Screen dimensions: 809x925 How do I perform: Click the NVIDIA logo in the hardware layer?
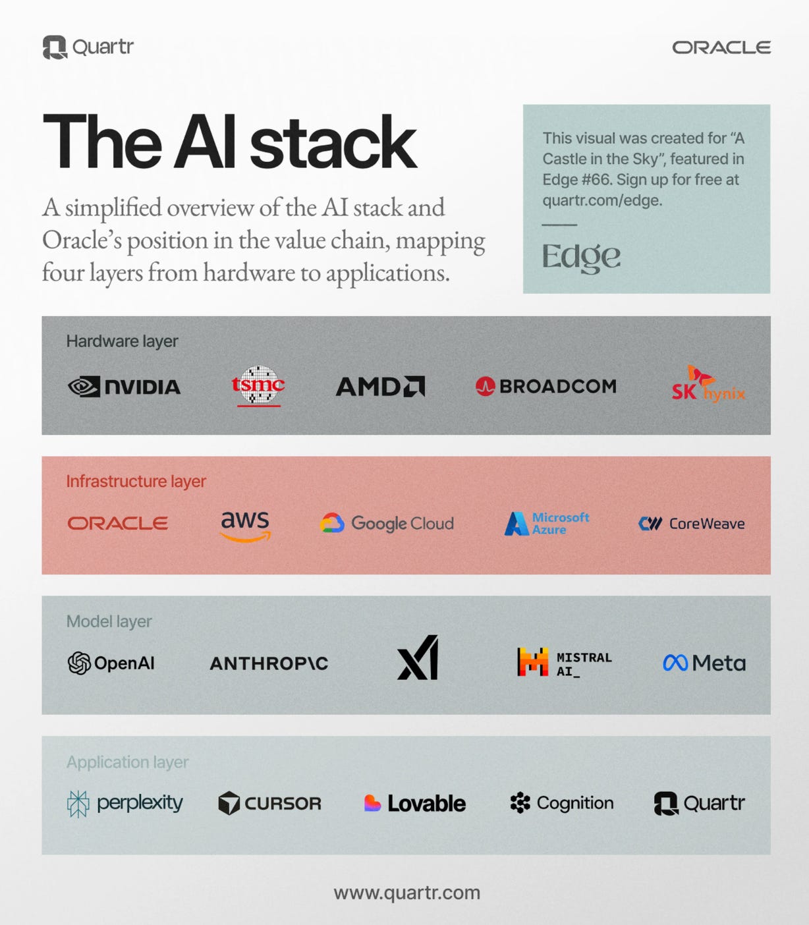pyautogui.click(x=124, y=387)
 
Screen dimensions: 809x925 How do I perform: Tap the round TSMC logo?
pyautogui.click(x=258, y=385)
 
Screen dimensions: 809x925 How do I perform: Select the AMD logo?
pyautogui.click(x=380, y=387)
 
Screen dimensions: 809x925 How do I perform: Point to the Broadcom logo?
pyautogui.click(x=546, y=386)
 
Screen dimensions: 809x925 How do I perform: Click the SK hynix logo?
pyautogui.click(x=708, y=385)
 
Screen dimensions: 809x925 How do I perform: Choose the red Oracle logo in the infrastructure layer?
pyautogui.click(x=118, y=523)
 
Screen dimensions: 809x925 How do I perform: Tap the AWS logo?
pyautogui.click(x=245, y=525)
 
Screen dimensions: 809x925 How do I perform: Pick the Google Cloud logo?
pyautogui.click(x=387, y=523)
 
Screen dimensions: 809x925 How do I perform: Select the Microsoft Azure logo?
pyautogui.click(x=547, y=523)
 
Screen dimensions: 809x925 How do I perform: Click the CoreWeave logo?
pyautogui.click(x=692, y=524)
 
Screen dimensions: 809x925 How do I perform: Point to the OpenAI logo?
pyautogui.click(x=111, y=663)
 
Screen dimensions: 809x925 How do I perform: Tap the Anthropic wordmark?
pyautogui.click(x=269, y=663)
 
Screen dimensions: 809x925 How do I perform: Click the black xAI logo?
pyautogui.click(x=418, y=658)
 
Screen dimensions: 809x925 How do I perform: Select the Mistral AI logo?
pyautogui.click(x=565, y=663)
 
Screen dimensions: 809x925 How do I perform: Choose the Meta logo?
pyautogui.click(x=704, y=663)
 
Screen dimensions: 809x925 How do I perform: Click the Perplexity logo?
pyautogui.click(x=125, y=803)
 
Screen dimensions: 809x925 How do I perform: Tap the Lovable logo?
pyautogui.click(x=415, y=803)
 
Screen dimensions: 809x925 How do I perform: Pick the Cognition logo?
pyautogui.click(x=562, y=803)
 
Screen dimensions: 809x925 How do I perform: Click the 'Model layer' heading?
pyautogui.click(x=109, y=621)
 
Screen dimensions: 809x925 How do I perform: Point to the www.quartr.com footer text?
pyautogui.click(x=407, y=893)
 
